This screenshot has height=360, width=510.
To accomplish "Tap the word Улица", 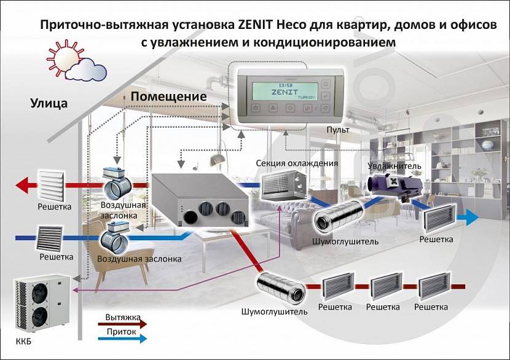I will pos(49,103).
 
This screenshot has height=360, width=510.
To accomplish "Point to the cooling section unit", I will pos(282,184).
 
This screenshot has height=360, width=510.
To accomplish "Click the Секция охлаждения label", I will pos(297,163).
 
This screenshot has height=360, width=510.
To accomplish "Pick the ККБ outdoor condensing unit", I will pos(37,305).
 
